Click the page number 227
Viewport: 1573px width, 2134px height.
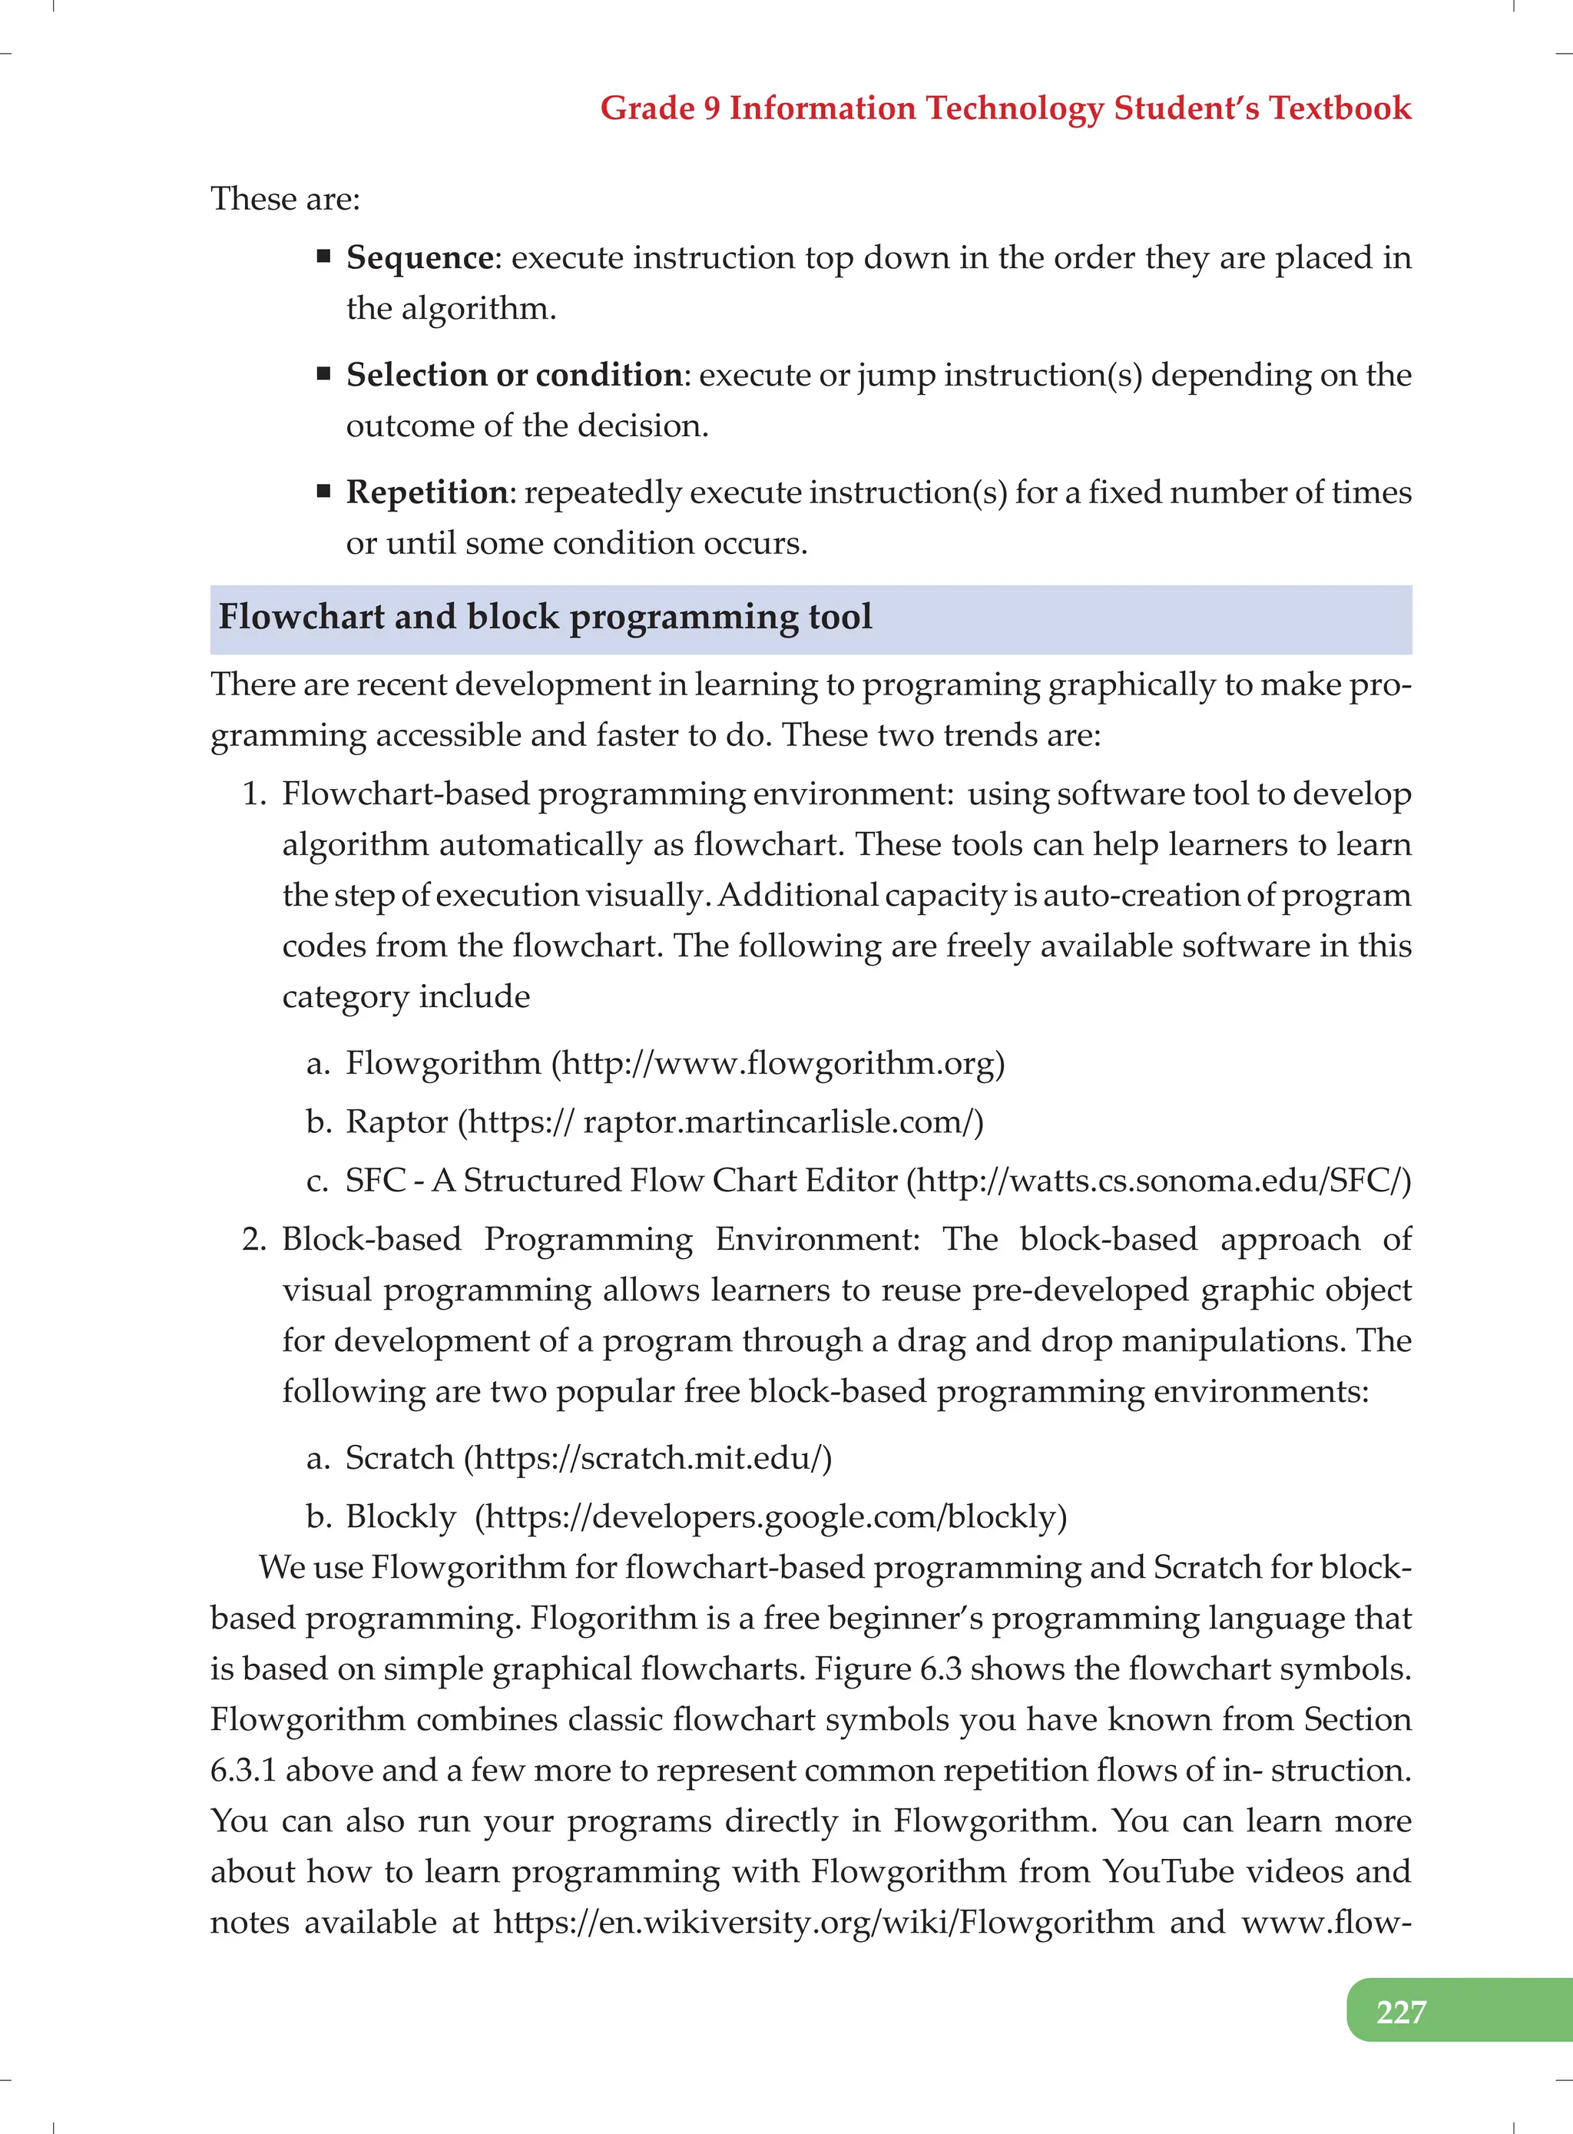coord(1401,2011)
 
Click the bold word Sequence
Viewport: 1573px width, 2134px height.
coord(419,257)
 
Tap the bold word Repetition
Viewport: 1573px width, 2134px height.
coord(426,492)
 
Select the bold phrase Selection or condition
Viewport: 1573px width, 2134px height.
coord(514,375)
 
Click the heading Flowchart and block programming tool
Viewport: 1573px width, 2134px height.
coord(545,617)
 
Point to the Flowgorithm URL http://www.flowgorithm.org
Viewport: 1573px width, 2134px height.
coord(778,1062)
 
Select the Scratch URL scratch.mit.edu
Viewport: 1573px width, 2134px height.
coord(647,1458)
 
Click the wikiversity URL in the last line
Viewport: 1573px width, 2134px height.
coord(823,1922)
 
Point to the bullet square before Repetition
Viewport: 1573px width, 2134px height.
coord(324,492)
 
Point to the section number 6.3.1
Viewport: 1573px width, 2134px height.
coord(243,1770)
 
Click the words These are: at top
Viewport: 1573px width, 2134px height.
coord(286,199)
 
